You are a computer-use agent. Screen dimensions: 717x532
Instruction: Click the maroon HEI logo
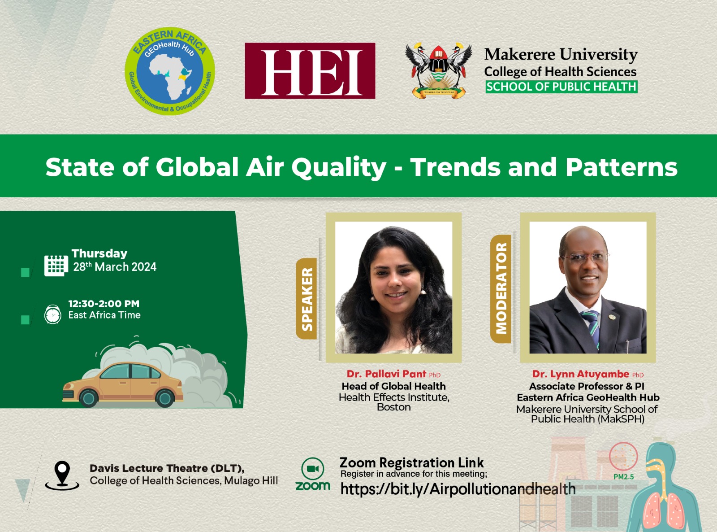click(310, 70)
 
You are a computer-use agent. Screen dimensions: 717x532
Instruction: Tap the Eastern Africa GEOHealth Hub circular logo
click(170, 71)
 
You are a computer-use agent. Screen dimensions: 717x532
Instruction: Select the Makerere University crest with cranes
click(438, 70)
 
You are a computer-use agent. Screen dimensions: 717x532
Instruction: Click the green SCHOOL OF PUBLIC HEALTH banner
click(562, 87)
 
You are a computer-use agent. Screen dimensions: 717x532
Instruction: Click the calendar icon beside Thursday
click(56, 266)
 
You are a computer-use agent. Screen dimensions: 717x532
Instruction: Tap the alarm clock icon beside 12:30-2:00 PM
click(53, 314)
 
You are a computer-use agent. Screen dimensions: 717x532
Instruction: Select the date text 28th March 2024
click(115, 266)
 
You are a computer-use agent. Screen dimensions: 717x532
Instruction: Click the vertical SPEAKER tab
click(307, 298)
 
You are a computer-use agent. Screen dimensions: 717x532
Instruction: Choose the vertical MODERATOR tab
click(501, 288)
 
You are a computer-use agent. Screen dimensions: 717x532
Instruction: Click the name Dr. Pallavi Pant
click(386, 374)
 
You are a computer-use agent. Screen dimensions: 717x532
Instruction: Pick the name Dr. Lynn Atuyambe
click(581, 374)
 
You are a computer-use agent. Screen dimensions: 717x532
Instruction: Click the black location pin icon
click(62, 475)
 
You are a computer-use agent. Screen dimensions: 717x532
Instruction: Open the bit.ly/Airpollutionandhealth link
click(458, 488)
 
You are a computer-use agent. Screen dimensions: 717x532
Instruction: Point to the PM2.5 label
click(624, 477)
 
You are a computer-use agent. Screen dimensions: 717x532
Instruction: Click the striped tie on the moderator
click(592, 328)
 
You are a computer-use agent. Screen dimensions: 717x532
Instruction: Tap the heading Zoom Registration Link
click(411, 462)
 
